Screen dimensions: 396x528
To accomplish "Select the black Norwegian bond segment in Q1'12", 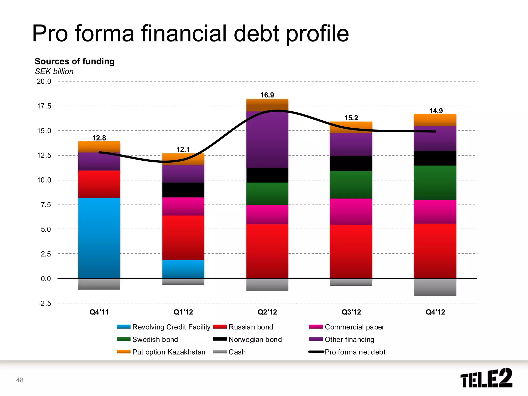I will pyautogui.click(x=183, y=190).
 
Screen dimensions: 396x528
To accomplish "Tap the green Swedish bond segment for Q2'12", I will pyautogui.click(x=267, y=194).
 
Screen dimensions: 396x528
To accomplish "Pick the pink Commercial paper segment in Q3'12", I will pyautogui.click(x=351, y=211).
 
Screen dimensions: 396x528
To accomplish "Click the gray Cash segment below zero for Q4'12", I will pyautogui.click(x=435, y=287).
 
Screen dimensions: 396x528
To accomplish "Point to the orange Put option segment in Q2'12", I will pyautogui.click(x=267, y=105).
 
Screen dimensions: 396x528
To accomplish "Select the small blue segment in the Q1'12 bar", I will pyautogui.click(x=183, y=269).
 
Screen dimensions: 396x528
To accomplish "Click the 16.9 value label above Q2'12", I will pyautogui.click(x=267, y=95).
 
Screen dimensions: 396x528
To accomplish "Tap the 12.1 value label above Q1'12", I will pyautogui.click(x=183, y=149).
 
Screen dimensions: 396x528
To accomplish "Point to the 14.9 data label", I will pyautogui.click(x=436, y=111).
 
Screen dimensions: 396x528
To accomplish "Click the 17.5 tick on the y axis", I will pyautogui.click(x=44, y=106).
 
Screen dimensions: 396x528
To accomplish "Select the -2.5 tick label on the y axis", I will pyautogui.click(x=45, y=303).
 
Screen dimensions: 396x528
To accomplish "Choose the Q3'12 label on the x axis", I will pyautogui.click(x=351, y=312).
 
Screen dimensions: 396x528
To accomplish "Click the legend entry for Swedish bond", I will pyautogui.click(x=155, y=340).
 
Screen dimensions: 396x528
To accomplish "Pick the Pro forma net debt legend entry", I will pyautogui.click(x=355, y=352).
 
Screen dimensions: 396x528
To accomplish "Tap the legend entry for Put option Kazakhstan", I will pyautogui.click(x=168, y=352).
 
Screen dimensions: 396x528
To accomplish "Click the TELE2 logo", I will pyautogui.click(x=486, y=378).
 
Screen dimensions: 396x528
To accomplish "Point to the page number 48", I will pyautogui.click(x=20, y=380).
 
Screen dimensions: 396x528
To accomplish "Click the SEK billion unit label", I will pyautogui.click(x=54, y=71).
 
